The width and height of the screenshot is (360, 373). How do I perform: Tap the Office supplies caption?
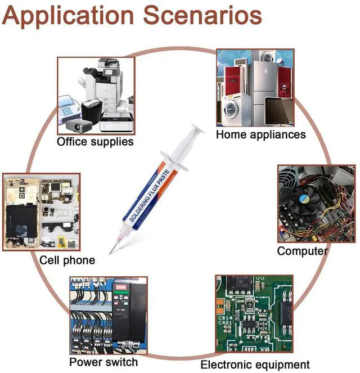click(95, 141)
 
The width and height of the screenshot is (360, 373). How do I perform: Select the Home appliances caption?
click(260, 134)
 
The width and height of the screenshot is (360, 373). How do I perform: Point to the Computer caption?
click(302, 251)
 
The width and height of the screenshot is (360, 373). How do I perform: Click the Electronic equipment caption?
click(255, 364)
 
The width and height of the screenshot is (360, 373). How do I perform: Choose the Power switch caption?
click(103, 361)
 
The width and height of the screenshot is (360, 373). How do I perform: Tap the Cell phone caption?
click(67, 260)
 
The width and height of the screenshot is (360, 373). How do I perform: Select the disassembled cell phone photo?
click(40, 212)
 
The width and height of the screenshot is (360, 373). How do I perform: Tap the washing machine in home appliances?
click(232, 113)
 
